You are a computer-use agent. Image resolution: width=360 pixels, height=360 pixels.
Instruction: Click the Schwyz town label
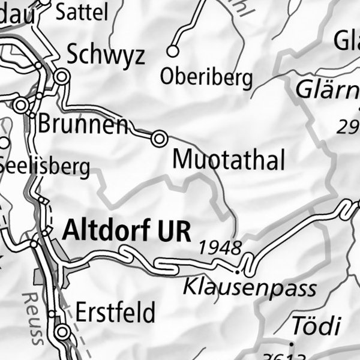pyautogui.click(x=106, y=55)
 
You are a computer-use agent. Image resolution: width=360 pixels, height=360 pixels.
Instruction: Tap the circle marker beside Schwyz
pyautogui.click(x=61, y=77)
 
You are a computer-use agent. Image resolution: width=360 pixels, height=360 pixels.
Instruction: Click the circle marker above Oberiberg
pyautogui.click(x=173, y=51)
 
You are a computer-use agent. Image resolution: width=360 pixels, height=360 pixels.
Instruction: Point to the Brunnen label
pyautogui.click(x=83, y=124)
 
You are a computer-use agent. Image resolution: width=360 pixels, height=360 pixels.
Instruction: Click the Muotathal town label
pyautogui.click(x=228, y=160)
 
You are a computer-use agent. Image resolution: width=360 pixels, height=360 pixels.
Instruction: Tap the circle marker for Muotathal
pyautogui.click(x=159, y=139)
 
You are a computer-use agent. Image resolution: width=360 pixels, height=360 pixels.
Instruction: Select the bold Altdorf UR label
pyautogui.click(x=127, y=230)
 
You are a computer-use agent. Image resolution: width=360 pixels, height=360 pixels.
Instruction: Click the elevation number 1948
pyautogui.click(x=220, y=247)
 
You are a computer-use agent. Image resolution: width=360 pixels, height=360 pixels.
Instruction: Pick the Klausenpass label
pyautogui.click(x=250, y=287)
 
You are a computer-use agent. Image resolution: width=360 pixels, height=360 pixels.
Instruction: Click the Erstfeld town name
pyautogui.click(x=115, y=313)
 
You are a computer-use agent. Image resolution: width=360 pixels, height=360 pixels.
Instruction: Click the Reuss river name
pyautogui.click(x=32, y=319)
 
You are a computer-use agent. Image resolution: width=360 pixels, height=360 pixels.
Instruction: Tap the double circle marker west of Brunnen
pyautogui.click(x=22, y=106)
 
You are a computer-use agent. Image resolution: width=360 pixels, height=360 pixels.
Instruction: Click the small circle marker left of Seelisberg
pyautogui.click(x=4, y=143)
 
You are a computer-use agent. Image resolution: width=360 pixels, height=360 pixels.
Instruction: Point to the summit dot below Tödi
pyautogui.click(x=291, y=345)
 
